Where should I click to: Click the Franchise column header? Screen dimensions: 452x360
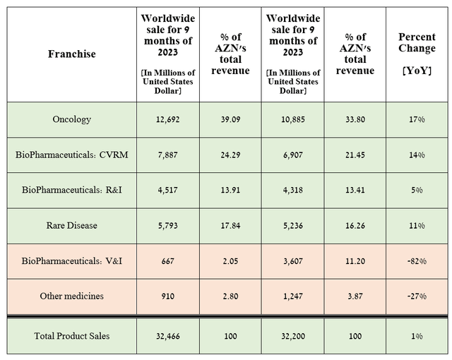(x=72, y=54)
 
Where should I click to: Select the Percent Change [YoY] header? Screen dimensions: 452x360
(x=417, y=54)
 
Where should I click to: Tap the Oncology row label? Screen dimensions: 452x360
(x=72, y=119)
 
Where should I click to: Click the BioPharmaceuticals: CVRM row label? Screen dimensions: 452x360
(x=72, y=155)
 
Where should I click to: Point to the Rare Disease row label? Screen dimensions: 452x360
(x=72, y=225)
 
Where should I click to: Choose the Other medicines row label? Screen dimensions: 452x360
(x=72, y=296)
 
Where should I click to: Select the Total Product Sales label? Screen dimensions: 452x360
(x=72, y=336)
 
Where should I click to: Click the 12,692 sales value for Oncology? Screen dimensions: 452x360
(x=168, y=119)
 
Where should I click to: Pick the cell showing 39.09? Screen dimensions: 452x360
(x=231, y=119)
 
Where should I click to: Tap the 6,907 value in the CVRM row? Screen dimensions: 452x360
(x=293, y=155)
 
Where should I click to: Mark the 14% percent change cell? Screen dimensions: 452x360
(x=417, y=155)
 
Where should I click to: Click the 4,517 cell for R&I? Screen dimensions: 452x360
(x=168, y=190)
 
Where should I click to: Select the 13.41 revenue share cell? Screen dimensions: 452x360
(x=355, y=190)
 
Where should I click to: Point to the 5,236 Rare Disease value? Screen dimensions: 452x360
(x=293, y=225)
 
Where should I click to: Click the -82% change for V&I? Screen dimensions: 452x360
(x=417, y=261)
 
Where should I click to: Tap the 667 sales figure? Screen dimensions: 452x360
(x=168, y=261)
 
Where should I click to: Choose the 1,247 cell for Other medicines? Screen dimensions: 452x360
(x=293, y=296)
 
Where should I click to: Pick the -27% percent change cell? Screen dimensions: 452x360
(x=417, y=296)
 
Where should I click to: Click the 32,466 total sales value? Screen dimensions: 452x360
(x=168, y=336)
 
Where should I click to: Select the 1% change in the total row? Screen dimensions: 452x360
(x=417, y=336)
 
